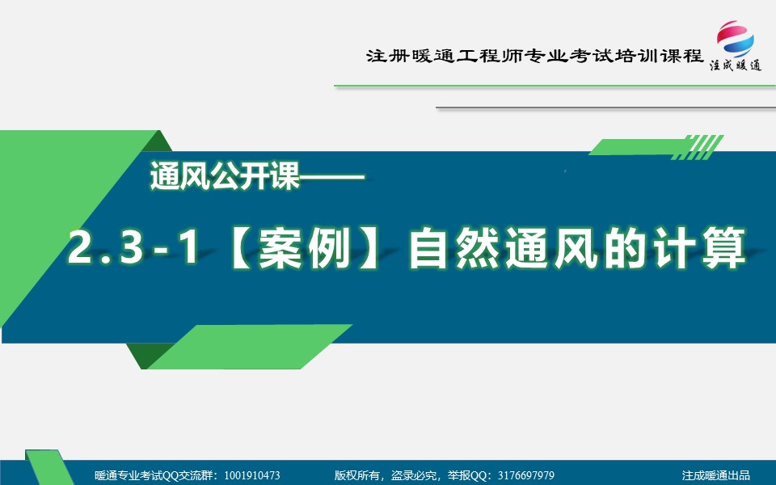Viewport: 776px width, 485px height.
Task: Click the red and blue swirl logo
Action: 736,39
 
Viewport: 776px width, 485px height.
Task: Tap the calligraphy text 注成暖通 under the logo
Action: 736,65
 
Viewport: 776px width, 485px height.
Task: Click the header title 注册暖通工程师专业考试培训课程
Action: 534,56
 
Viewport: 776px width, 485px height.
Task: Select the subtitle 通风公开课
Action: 226,175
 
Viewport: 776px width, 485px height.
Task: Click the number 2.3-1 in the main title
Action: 133,247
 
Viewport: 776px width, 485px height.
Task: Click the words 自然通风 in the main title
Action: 504,247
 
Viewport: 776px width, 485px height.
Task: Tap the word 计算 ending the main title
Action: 698,247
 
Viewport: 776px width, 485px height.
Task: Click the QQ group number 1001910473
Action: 252,475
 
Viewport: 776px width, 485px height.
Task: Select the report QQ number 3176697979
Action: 526,475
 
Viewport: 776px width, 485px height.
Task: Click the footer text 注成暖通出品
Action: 715,475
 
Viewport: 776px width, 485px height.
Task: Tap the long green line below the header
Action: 555,86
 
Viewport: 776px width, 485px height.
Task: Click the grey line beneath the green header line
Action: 605,108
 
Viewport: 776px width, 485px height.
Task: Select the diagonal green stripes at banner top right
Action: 698,147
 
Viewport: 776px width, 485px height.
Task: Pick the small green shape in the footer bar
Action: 49,467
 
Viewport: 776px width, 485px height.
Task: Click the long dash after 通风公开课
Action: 332,175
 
